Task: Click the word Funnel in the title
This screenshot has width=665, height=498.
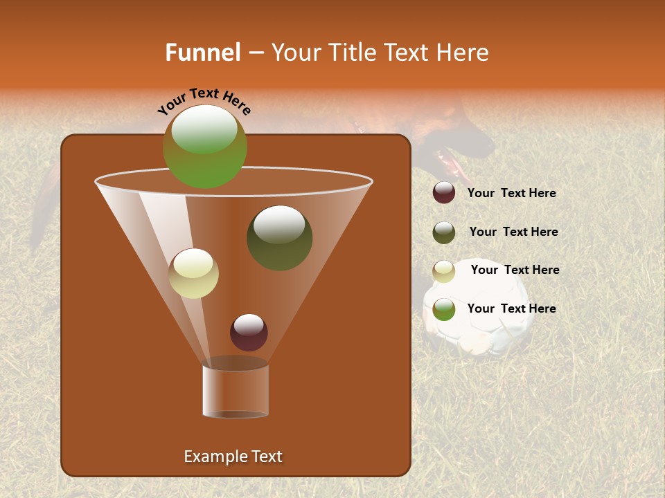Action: tap(202, 53)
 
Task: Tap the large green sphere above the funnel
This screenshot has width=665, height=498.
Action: tap(204, 146)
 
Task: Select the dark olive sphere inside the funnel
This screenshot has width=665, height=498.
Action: tap(279, 237)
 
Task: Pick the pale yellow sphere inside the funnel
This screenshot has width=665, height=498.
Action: tap(193, 273)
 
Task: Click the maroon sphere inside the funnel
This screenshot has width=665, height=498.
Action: tap(249, 332)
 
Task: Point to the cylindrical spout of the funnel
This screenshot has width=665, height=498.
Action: tap(235, 391)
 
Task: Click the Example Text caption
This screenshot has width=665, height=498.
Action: tap(233, 456)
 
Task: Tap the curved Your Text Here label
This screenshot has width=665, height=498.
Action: tap(204, 101)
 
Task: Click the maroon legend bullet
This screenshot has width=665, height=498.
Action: tap(444, 193)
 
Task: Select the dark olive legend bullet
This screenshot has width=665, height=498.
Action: tap(444, 232)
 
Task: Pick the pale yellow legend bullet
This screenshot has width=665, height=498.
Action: tap(444, 271)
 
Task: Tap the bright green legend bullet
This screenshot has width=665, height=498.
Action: tap(444, 309)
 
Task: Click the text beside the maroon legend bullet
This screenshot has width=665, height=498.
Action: tap(511, 194)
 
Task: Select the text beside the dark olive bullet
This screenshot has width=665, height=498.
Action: tap(513, 232)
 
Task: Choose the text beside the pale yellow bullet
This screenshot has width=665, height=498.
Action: tap(515, 270)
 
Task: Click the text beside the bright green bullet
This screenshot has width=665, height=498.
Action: tap(511, 308)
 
